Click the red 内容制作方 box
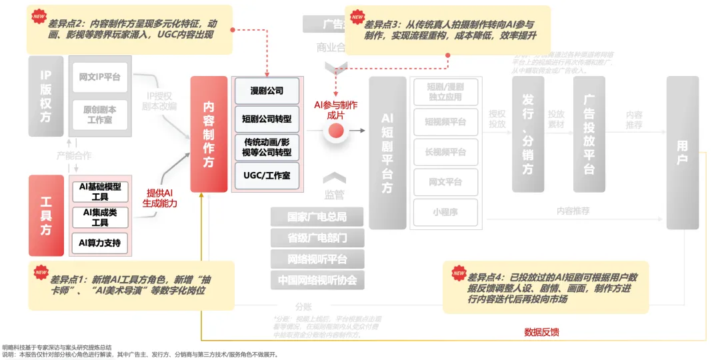click(209, 134)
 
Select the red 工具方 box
click(46, 215)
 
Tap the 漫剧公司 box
click(267, 90)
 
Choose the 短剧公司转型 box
click(267, 119)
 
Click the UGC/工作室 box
click(267, 175)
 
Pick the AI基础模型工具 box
click(99, 191)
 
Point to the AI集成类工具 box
click(99, 217)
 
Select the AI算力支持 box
click(99, 243)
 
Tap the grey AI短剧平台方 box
click(387, 153)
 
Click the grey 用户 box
click(682, 153)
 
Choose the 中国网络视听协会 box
click(317, 280)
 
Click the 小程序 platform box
click(445, 213)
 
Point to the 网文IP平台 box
click(99, 77)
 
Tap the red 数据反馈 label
click(541, 332)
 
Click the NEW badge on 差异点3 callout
click(357, 17)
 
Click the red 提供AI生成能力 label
click(159, 198)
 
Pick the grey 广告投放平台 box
click(589, 134)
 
